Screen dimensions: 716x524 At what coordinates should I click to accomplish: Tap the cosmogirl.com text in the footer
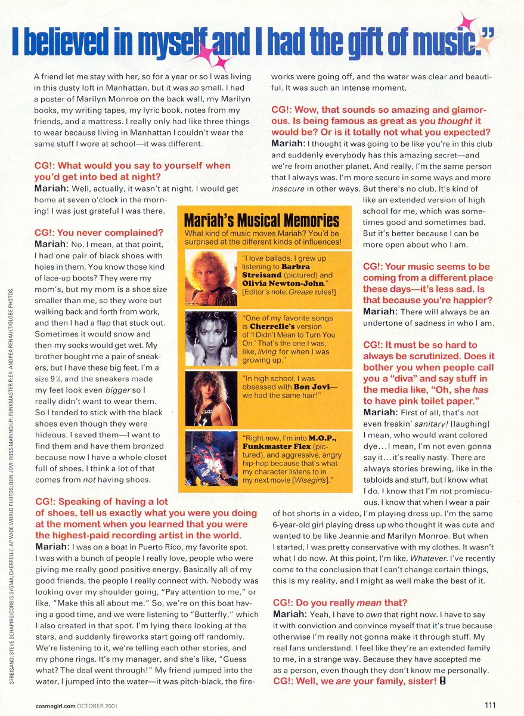coord(53,706)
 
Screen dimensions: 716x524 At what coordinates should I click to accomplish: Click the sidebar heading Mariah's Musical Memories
coord(262,221)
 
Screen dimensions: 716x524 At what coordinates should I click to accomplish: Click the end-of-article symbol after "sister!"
coord(442,681)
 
